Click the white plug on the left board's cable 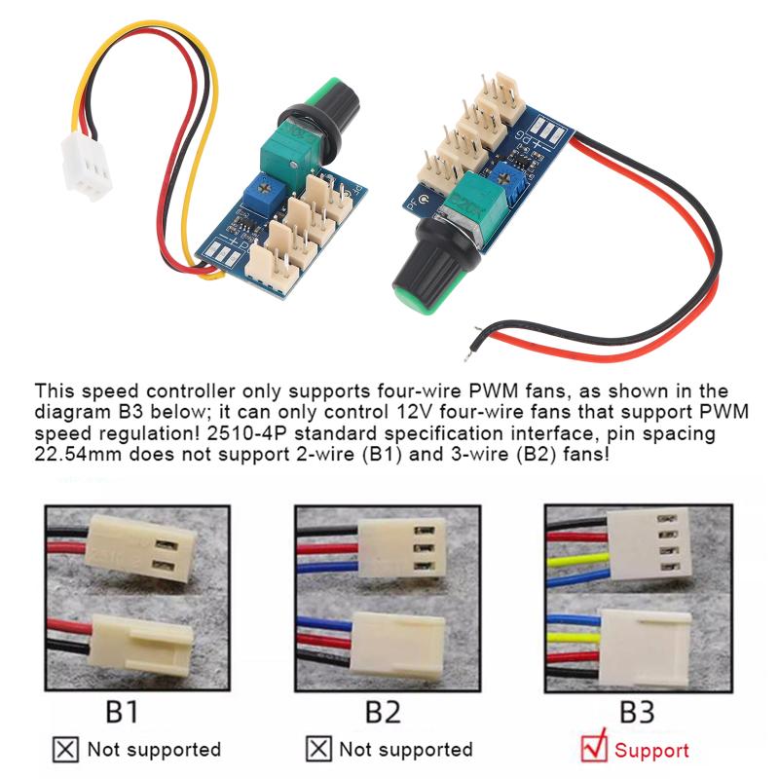(85, 165)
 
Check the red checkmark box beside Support (593, 748)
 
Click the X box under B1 (65, 749)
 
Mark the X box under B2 (317, 749)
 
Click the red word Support (651, 750)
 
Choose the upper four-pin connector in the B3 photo (649, 550)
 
